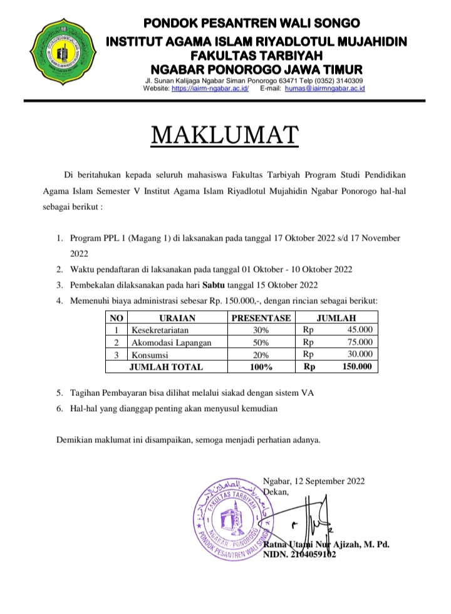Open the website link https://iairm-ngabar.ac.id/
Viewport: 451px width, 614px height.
pos(210,89)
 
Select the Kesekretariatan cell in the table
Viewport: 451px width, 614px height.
pos(159,330)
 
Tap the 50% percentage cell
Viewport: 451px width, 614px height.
pos(261,343)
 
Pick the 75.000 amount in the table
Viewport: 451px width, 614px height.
pos(360,342)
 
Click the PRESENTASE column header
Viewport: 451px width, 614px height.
pos(261,318)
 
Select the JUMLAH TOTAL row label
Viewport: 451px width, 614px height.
pos(165,367)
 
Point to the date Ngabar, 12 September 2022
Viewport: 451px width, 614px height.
pos(314,481)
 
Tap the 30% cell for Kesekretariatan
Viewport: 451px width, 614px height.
pos(261,330)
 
